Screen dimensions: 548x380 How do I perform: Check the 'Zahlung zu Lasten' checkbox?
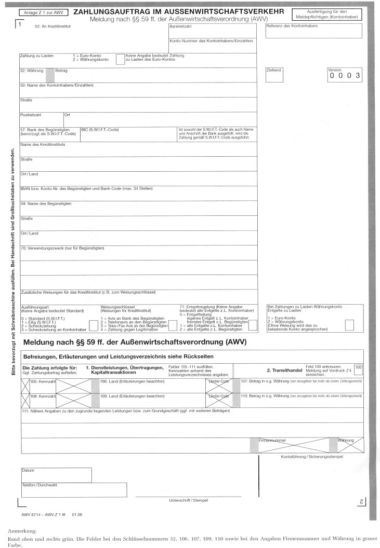[120, 58]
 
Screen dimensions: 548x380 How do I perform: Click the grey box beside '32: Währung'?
[43, 75]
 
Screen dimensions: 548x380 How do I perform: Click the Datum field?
[56, 475]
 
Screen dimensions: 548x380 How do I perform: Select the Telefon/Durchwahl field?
[73, 490]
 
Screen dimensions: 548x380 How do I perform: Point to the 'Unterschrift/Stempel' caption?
[185, 500]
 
